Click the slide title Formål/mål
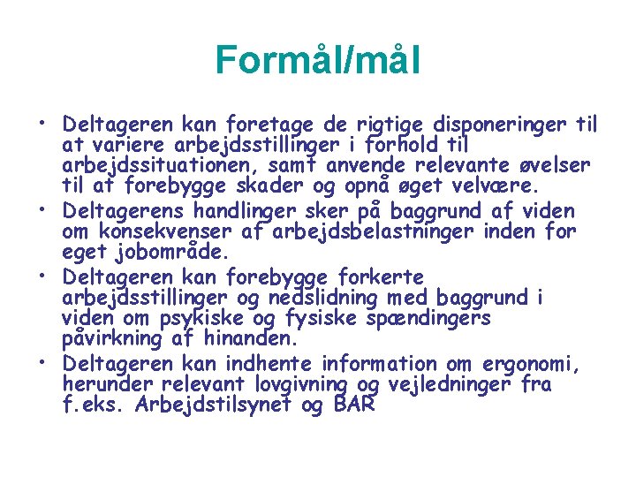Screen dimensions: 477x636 click(x=317, y=61)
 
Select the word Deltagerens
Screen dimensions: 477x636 click(x=123, y=211)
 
